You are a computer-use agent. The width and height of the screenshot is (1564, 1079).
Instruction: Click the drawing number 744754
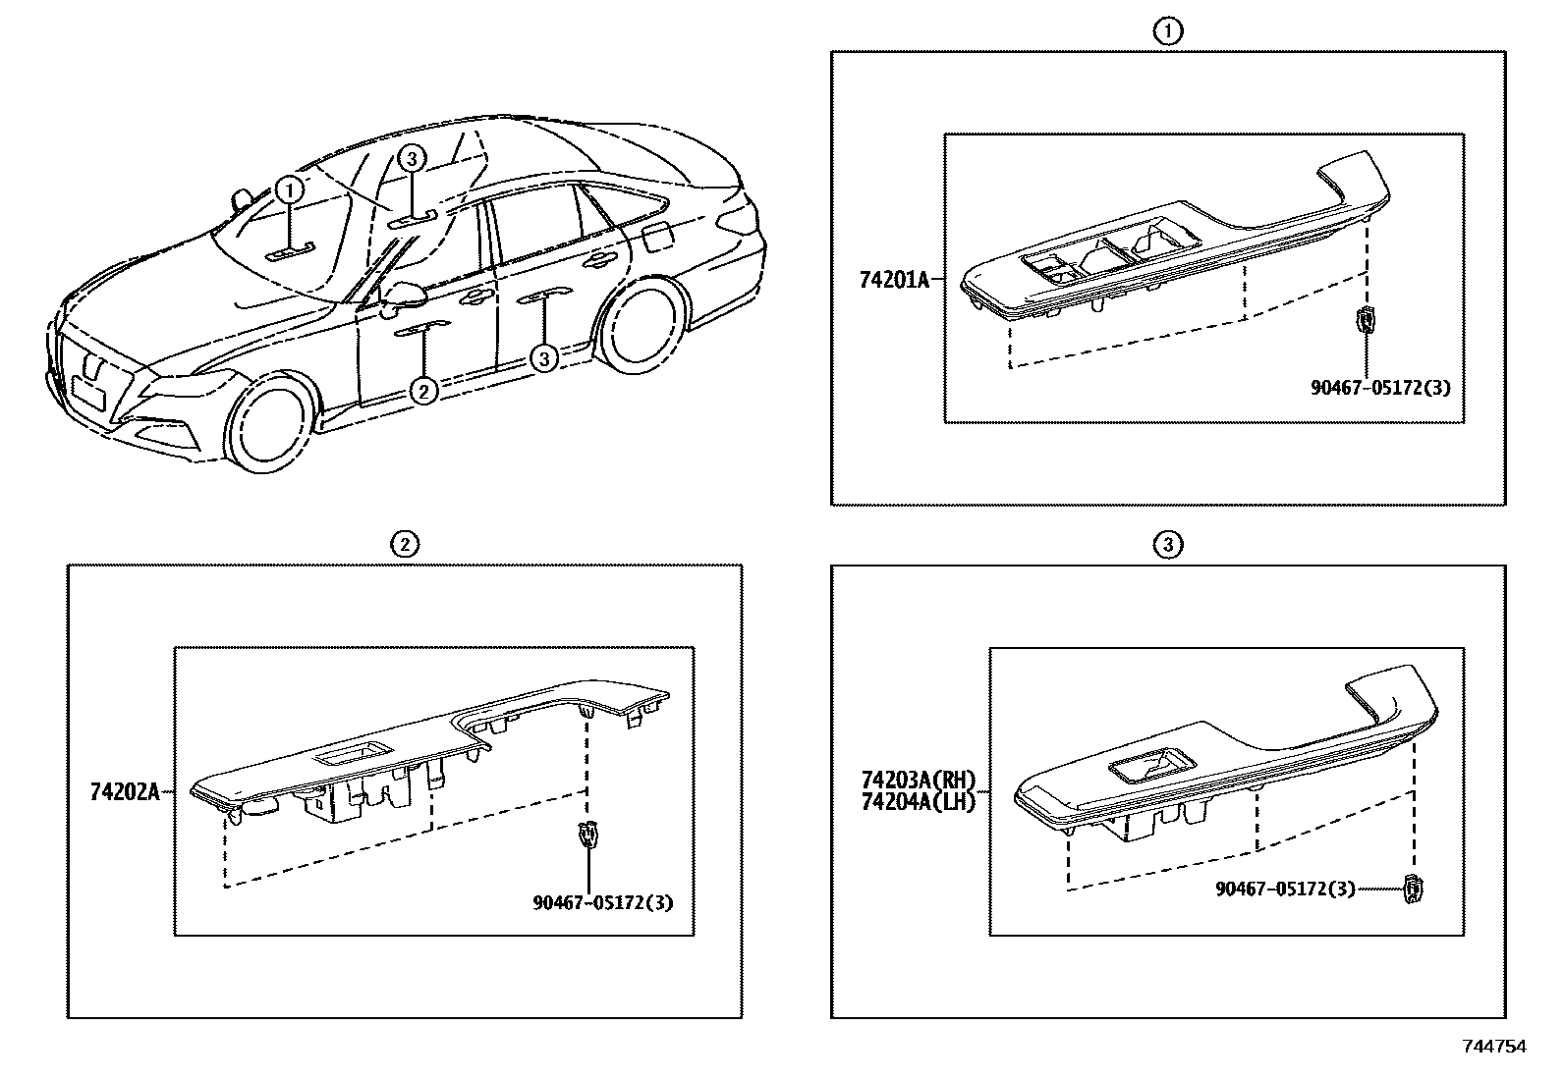(1494, 1047)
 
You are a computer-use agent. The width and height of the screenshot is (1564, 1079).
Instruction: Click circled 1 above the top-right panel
(1167, 31)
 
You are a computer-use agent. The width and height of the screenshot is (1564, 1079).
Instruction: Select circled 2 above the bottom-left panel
(404, 544)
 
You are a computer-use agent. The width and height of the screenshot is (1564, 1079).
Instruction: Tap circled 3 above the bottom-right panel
(1167, 544)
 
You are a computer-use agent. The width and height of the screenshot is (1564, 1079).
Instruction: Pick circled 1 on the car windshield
(289, 189)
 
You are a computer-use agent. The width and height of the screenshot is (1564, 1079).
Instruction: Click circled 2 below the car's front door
(422, 391)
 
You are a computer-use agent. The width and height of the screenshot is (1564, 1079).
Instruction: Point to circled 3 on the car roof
(413, 158)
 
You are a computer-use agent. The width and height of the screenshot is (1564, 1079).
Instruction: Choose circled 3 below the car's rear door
(545, 358)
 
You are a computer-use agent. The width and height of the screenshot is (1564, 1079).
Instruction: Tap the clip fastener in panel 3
(1414, 888)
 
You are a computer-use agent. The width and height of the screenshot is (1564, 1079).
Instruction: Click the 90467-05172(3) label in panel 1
(1379, 388)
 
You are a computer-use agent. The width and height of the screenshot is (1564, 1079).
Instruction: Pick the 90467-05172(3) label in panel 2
(602, 902)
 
